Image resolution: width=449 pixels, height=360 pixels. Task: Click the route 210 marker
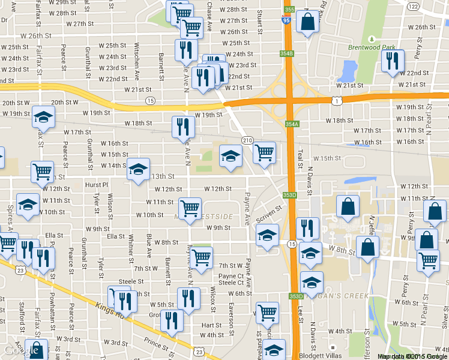pos(247,140)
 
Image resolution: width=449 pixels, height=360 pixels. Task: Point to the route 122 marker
pos(430,6)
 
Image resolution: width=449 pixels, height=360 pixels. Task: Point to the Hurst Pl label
pos(97,185)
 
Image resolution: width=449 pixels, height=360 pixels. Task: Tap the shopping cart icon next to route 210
pos(264,153)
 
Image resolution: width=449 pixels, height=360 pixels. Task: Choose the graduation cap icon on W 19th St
pos(43,118)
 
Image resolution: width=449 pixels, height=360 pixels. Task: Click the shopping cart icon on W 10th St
pos(190,209)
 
